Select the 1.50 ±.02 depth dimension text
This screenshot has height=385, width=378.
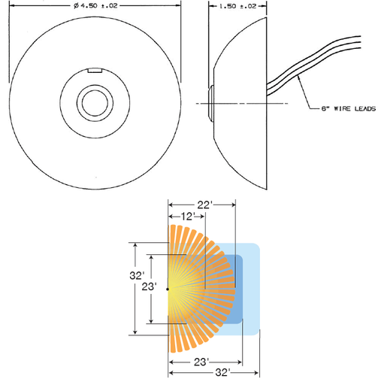coord(237,6)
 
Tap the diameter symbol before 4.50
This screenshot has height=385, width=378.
coord(76,6)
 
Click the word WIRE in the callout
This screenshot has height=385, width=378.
coord(342,108)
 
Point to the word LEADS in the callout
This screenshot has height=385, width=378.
coord(365,108)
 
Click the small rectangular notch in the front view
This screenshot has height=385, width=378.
coord(95,71)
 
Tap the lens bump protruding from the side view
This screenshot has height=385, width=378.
coord(210,103)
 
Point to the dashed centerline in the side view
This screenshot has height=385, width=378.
coord(242,103)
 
